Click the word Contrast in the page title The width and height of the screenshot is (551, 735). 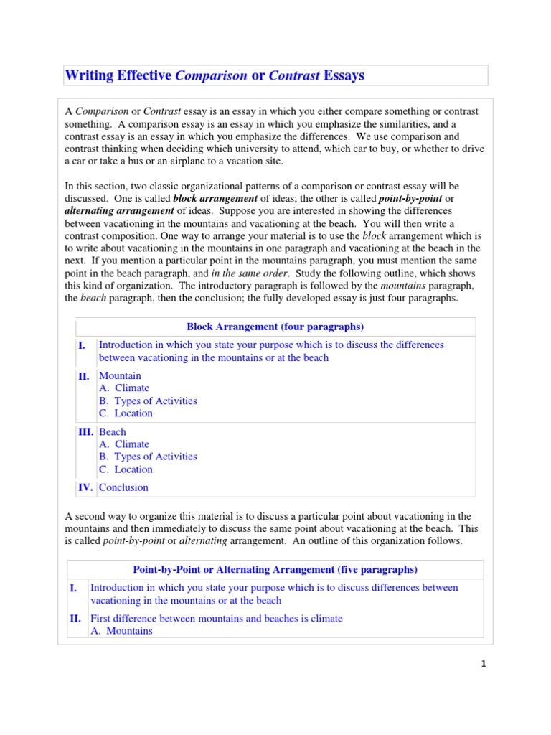(294, 75)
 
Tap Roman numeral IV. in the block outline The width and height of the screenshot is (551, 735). (85, 487)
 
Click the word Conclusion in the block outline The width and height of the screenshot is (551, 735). (123, 487)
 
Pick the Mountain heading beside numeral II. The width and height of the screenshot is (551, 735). (120, 375)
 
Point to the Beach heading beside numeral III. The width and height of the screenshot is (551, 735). (112, 431)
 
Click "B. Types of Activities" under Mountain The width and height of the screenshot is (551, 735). (148, 401)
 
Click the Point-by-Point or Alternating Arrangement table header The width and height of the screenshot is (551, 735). (275, 570)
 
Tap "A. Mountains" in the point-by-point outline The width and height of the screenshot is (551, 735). (121, 631)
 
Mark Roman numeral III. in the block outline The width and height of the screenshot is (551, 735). (85, 431)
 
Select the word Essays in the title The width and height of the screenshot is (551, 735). (344, 75)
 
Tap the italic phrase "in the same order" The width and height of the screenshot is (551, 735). (248, 273)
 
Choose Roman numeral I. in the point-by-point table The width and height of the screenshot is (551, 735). (73, 588)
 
